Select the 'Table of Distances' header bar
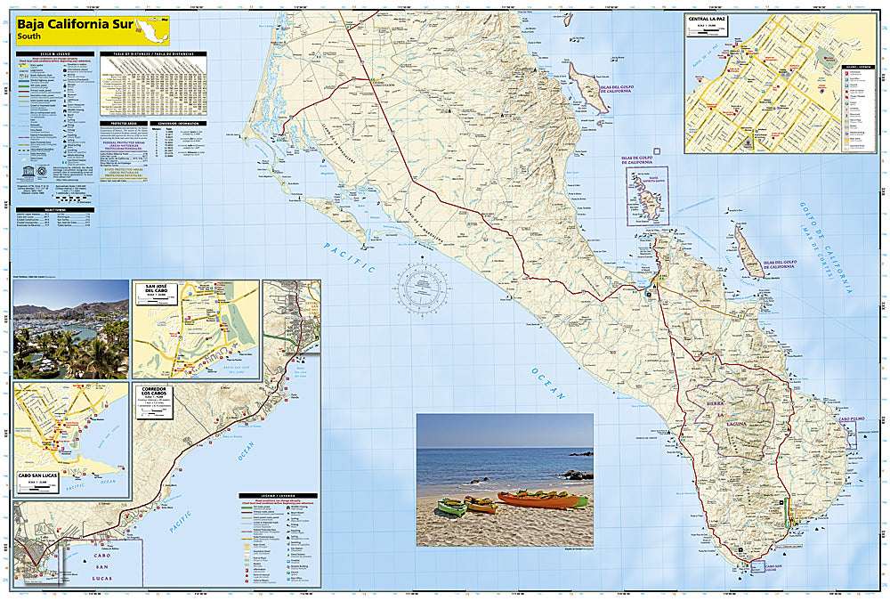tap(154, 53)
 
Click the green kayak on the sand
tap(451, 507)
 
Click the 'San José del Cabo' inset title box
tap(152, 293)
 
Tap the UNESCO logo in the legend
tap(21, 168)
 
